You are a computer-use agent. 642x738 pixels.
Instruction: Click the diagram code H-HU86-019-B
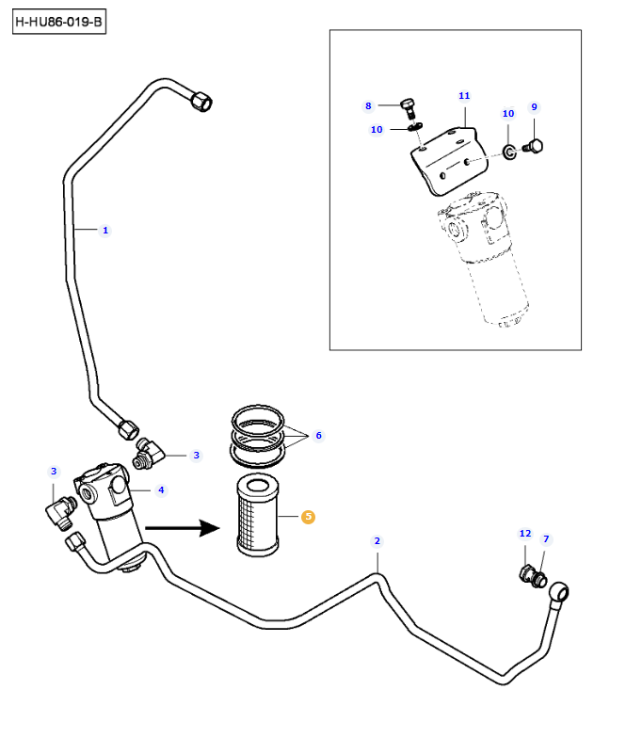(x=58, y=21)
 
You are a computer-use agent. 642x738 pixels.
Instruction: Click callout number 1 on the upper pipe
(x=105, y=230)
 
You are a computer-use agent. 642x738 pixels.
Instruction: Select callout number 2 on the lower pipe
(x=377, y=540)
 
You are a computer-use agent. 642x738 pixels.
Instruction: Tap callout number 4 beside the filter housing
(x=161, y=489)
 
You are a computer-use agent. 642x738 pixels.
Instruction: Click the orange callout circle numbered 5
(x=308, y=516)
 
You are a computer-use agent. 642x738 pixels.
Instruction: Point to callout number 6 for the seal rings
(x=318, y=436)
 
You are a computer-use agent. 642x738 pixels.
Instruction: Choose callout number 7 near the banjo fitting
(x=546, y=539)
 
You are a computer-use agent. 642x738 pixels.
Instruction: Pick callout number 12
(x=525, y=534)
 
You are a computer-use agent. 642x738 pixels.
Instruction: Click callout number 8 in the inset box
(x=369, y=105)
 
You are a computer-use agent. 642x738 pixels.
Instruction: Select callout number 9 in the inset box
(x=534, y=107)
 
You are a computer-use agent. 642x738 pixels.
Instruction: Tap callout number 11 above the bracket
(x=464, y=96)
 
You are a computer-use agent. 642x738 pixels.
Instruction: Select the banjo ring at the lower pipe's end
(x=562, y=590)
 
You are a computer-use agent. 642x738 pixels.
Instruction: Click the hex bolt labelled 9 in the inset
(x=531, y=146)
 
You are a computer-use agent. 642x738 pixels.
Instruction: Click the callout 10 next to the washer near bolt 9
(x=508, y=114)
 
